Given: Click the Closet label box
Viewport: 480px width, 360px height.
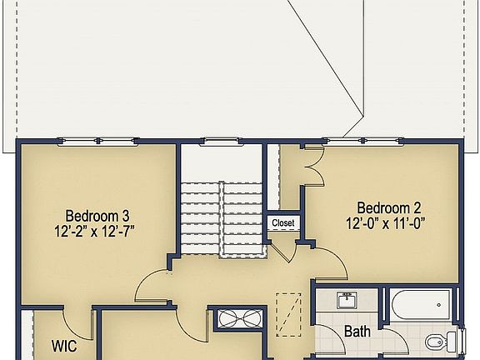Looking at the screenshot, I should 283,223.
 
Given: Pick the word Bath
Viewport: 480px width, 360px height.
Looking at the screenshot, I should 357,332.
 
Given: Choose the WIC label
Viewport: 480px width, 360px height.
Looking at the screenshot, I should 65,344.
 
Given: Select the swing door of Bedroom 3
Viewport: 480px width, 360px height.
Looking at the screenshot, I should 154,287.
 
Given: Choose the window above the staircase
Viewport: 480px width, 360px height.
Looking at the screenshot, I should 221,141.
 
